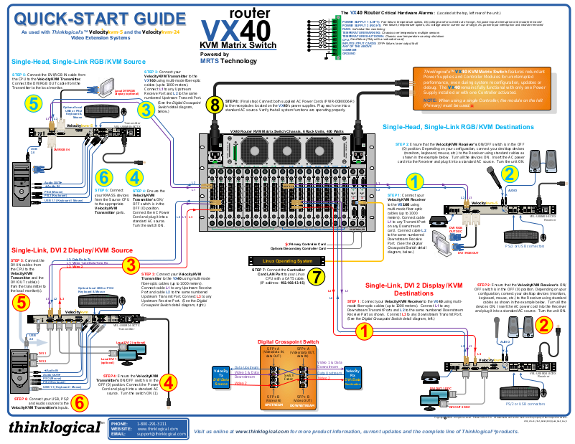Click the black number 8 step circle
pyautogui.click(x=214, y=106)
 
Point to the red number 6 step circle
pyautogui.click(x=79, y=403)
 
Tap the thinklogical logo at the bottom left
pyautogui.click(x=55, y=428)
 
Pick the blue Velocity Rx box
pyautogui.click(x=354, y=376)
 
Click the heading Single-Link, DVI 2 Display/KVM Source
pyautogui.click(x=72, y=250)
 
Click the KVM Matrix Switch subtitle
pyautogui.click(x=238, y=46)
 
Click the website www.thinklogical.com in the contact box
pyautogui.click(x=156, y=429)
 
